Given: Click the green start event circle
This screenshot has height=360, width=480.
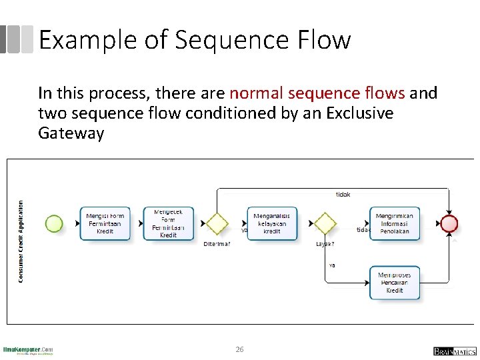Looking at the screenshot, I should pyautogui.click(x=54, y=223).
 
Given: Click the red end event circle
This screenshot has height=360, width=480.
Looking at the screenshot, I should pyautogui.click(x=449, y=223).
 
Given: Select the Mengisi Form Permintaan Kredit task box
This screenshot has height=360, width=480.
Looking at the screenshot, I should pyautogui.click(x=105, y=223).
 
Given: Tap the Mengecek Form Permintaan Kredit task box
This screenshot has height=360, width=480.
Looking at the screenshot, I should pyautogui.click(x=168, y=223).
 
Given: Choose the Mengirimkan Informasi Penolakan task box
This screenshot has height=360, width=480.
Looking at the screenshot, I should pyautogui.click(x=395, y=223).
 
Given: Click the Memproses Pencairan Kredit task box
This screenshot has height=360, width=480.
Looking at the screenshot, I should pyautogui.click(x=395, y=283).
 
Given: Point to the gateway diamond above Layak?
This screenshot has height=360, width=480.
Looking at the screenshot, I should pyautogui.click(x=325, y=223).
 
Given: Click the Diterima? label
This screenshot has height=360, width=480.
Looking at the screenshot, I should pyautogui.click(x=217, y=244).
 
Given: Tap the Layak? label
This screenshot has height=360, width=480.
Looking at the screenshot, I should pyautogui.click(x=325, y=244).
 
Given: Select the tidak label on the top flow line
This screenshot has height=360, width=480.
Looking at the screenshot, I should pyautogui.click(x=343, y=195).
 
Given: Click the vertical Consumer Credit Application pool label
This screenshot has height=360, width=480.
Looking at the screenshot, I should pyautogui.click(x=21, y=241).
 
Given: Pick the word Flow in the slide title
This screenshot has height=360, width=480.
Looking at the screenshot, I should pyautogui.click(x=327, y=40).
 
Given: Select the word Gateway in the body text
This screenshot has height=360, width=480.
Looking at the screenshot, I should pyautogui.click(x=71, y=133).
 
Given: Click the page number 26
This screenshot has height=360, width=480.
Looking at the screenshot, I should pyautogui.click(x=240, y=349).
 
